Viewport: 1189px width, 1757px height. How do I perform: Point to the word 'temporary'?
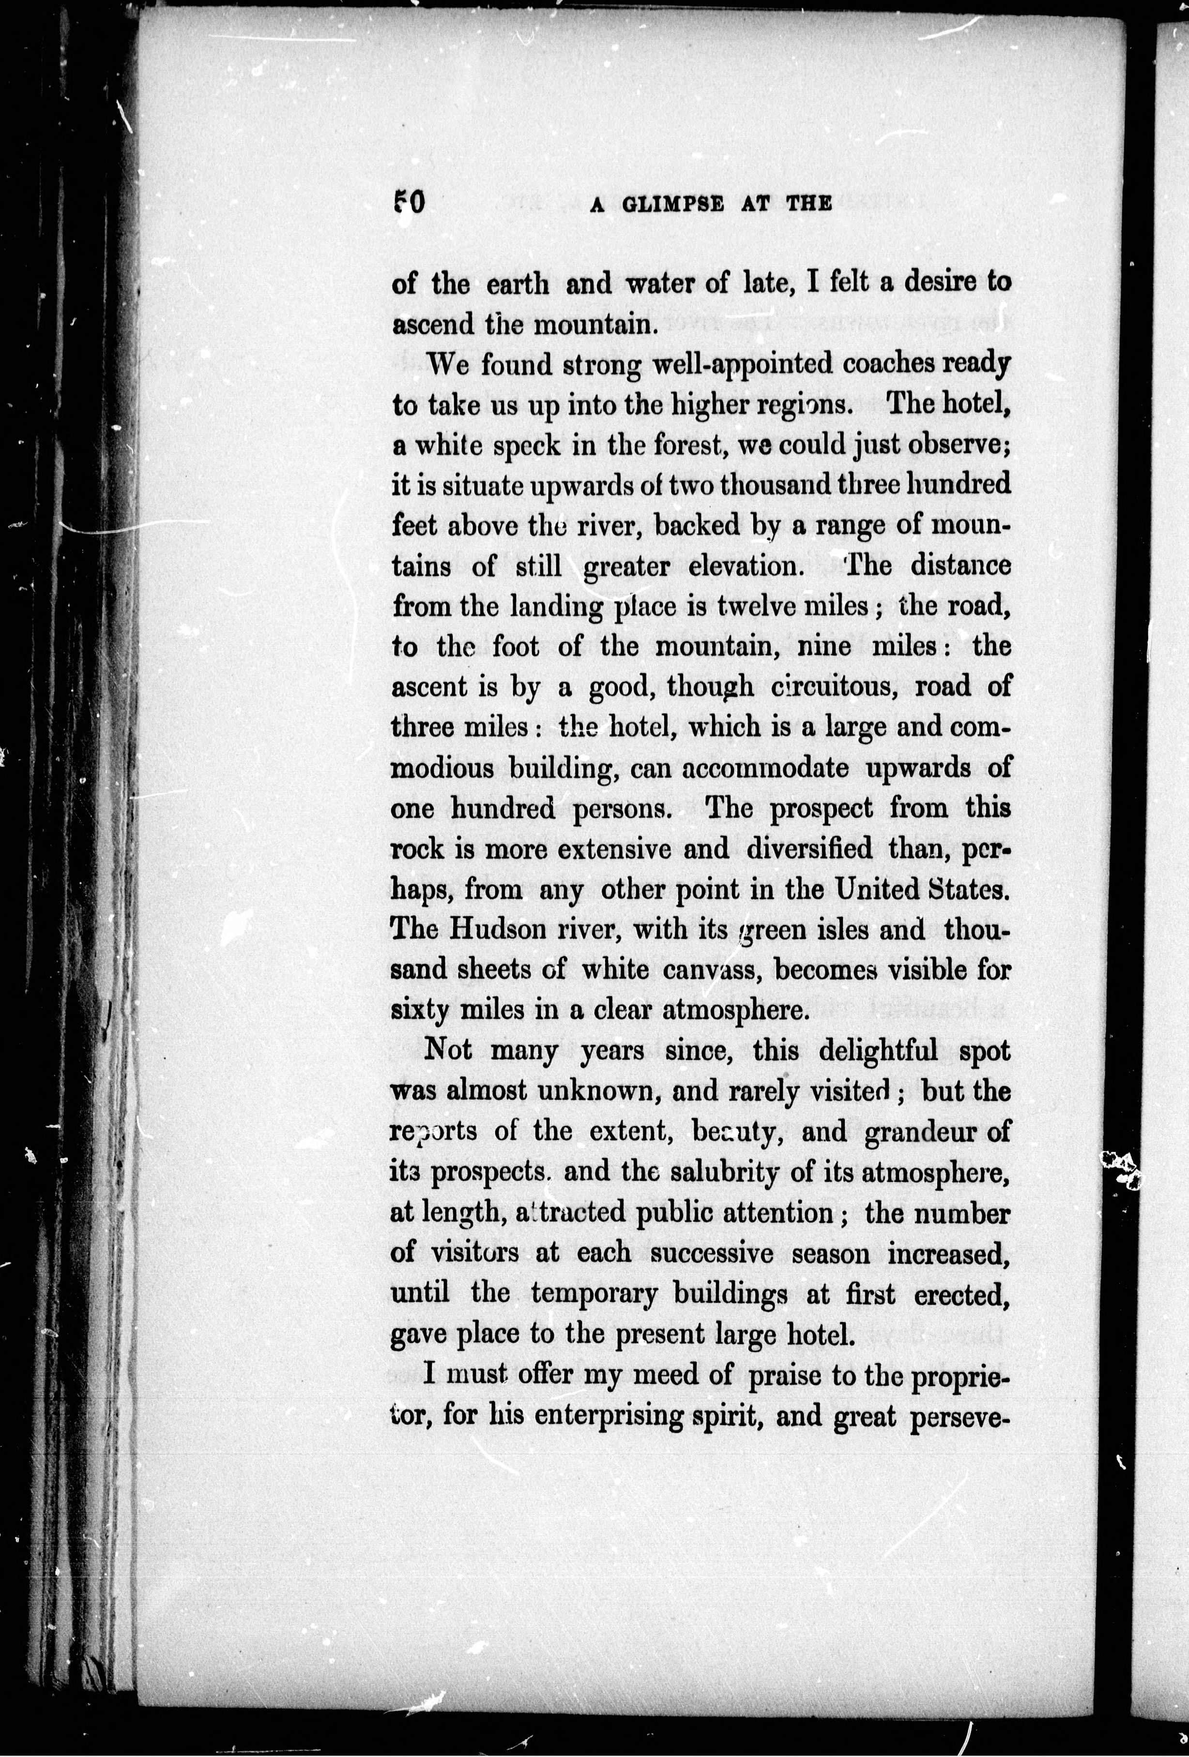[x=594, y=1295]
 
